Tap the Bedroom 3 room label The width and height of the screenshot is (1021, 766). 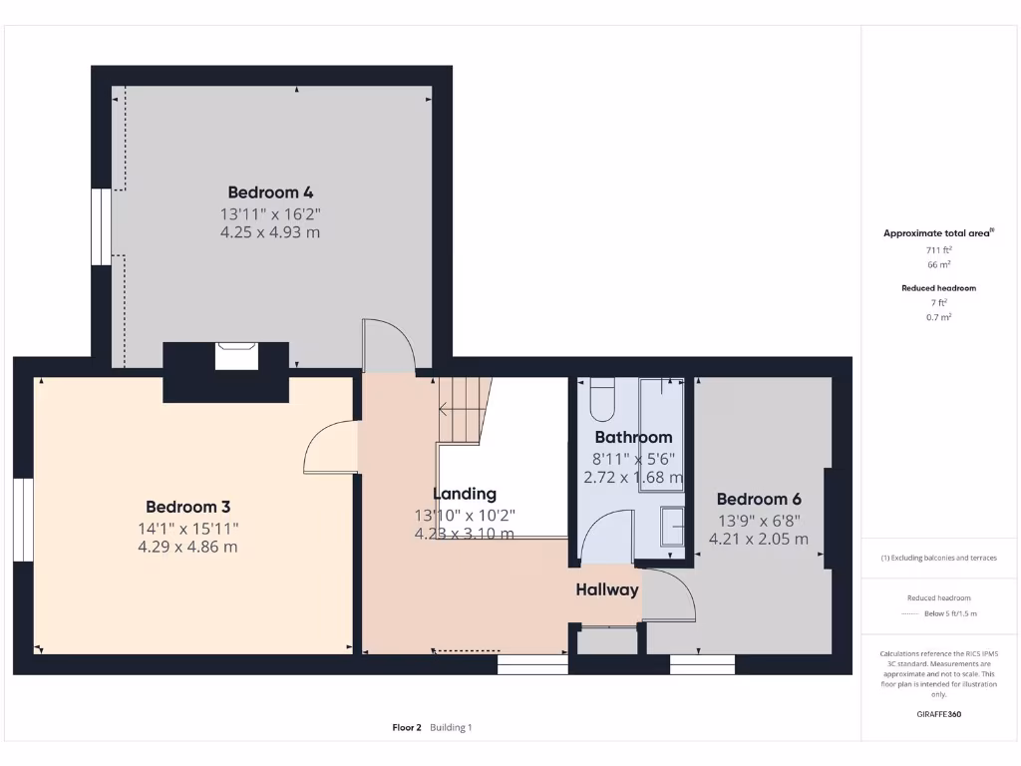coord(187,507)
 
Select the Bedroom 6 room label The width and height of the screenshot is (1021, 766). coord(758,499)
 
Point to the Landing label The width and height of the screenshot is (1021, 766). coord(464,494)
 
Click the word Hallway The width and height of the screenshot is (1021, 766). coord(606,589)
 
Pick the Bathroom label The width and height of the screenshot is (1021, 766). coord(633,437)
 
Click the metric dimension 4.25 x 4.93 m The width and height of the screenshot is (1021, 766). coord(269,232)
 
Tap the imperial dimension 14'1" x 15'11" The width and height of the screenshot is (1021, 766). coord(187,529)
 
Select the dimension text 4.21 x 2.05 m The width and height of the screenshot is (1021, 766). coord(758,539)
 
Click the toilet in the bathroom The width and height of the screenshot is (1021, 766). coord(603,400)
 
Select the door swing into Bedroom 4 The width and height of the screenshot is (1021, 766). coord(388,345)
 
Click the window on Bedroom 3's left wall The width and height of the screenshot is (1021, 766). coord(23,521)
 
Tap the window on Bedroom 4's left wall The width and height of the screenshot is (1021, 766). coord(101,226)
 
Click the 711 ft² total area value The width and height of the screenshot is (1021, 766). coord(938,250)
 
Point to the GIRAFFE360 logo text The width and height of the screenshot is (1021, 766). coord(938,714)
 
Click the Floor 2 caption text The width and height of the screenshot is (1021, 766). coord(407,727)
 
